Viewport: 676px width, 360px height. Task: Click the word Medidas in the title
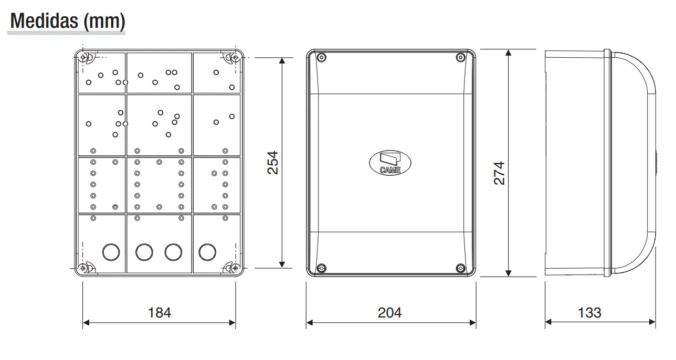click(45, 21)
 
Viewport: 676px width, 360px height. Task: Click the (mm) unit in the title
click(104, 21)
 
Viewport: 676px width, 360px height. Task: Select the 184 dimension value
click(160, 313)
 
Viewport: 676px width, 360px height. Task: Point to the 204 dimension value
click(389, 313)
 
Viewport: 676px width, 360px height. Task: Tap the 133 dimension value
click(589, 313)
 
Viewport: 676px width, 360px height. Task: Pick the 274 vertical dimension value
click(499, 173)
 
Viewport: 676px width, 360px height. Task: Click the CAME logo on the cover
click(390, 163)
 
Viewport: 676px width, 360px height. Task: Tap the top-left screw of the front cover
click(322, 57)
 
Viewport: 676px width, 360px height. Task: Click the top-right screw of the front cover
click(460, 57)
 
